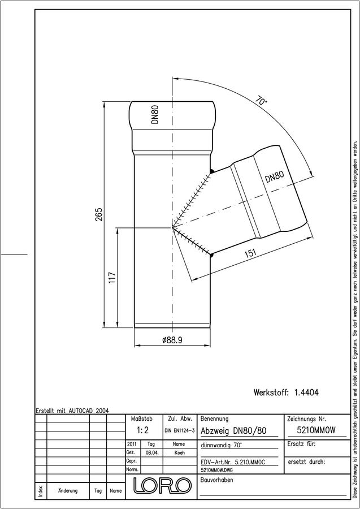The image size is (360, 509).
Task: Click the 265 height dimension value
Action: click(x=99, y=214)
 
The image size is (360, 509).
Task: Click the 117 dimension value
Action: click(x=112, y=278)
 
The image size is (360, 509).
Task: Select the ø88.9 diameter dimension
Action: click(x=172, y=340)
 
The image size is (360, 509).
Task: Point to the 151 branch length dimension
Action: click(x=250, y=253)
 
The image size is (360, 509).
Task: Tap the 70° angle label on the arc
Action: click(x=261, y=100)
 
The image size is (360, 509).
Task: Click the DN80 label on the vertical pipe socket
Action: click(x=155, y=115)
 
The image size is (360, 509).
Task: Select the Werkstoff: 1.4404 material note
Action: click(x=286, y=392)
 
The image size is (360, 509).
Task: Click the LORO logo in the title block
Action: click(x=162, y=486)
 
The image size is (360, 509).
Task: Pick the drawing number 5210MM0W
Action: click(x=316, y=430)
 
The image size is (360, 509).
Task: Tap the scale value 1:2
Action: click(x=142, y=430)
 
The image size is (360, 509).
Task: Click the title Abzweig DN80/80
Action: click(x=233, y=431)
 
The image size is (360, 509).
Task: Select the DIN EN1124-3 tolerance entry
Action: click(x=179, y=430)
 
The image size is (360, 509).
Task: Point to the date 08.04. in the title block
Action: click(x=151, y=452)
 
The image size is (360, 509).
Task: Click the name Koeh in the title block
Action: click(x=179, y=452)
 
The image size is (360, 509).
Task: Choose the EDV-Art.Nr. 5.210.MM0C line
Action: click(x=232, y=462)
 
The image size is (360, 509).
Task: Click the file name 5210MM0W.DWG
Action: click(x=217, y=470)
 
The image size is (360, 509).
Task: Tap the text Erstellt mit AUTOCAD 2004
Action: click(x=72, y=411)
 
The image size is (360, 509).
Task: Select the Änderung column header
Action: click(x=68, y=490)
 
